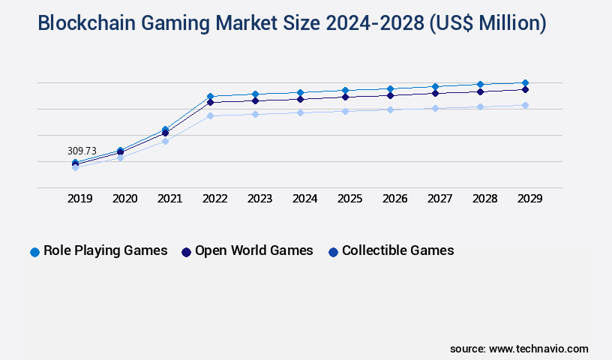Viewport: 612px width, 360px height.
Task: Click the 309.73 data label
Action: pyautogui.click(x=82, y=151)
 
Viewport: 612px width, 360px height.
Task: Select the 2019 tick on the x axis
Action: pyautogui.click(x=80, y=199)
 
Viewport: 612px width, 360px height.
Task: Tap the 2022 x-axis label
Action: pyautogui.click(x=214, y=199)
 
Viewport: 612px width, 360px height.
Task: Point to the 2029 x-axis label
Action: pyautogui.click(x=529, y=199)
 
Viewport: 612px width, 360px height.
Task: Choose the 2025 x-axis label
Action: pyautogui.click(x=349, y=199)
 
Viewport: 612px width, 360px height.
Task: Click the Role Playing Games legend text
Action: pyautogui.click(x=106, y=250)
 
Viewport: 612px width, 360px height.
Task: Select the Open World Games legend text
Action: pyautogui.click(x=253, y=250)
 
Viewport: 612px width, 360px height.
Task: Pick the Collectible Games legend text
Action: pyautogui.click(x=397, y=250)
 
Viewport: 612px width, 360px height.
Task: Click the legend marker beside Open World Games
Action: pyautogui.click(x=186, y=252)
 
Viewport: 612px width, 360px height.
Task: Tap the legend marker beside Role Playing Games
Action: pyautogui.click(x=34, y=252)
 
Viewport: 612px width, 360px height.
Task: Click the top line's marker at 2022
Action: pyautogui.click(x=210, y=96)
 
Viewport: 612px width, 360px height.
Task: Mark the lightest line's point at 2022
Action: pyautogui.click(x=210, y=115)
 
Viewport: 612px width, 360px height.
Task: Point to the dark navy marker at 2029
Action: pyautogui.click(x=525, y=89)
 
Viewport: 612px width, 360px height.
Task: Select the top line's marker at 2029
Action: pyautogui.click(x=525, y=82)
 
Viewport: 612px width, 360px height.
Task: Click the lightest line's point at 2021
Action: pyautogui.click(x=165, y=141)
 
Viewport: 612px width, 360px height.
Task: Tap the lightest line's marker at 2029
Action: pyautogui.click(x=525, y=105)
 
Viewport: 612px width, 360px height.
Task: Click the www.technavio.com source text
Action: pyautogui.click(x=538, y=349)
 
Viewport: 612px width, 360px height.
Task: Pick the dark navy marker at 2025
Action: pyautogui.click(x=345, y=97)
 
